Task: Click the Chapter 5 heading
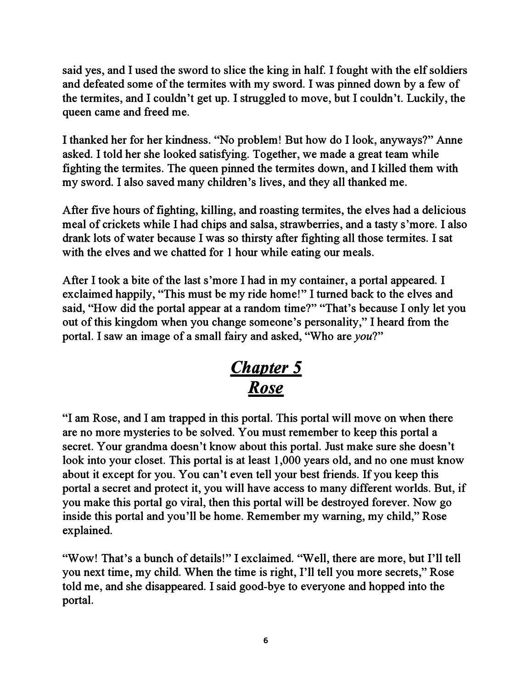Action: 266,367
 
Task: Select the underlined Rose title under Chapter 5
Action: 266,388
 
